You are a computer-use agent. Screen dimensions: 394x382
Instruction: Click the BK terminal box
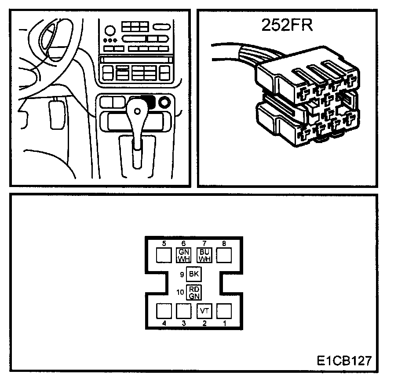pyautogui.click(x=193, y=274)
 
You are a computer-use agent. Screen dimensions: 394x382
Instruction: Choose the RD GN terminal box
pyautogui.click(x=193, y=292)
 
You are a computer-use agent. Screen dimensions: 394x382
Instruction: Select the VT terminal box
pyautogui.click(x=204, y=311)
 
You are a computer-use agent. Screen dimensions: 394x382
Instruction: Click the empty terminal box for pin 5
pyautogui.click(x=164, y=254)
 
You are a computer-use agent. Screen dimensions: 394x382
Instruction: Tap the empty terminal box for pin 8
pyautogui.click(x=224, y=254)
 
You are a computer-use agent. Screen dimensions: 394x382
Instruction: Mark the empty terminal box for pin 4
pyautogui.click(x=164, y=311)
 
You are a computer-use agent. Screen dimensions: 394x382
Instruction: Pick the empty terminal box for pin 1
pyautogui.click(x=224, y=311)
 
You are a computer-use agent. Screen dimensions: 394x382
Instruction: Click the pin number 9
pyautogui.click(x=182, y=275)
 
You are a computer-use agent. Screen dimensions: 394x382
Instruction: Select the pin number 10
pyautogui.click(x=180, y=292)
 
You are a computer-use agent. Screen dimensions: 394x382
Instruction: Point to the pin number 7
pyautogui.click(x=204, y=243)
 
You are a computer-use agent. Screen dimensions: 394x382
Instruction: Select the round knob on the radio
pyautogui.click(x=109, y=30)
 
